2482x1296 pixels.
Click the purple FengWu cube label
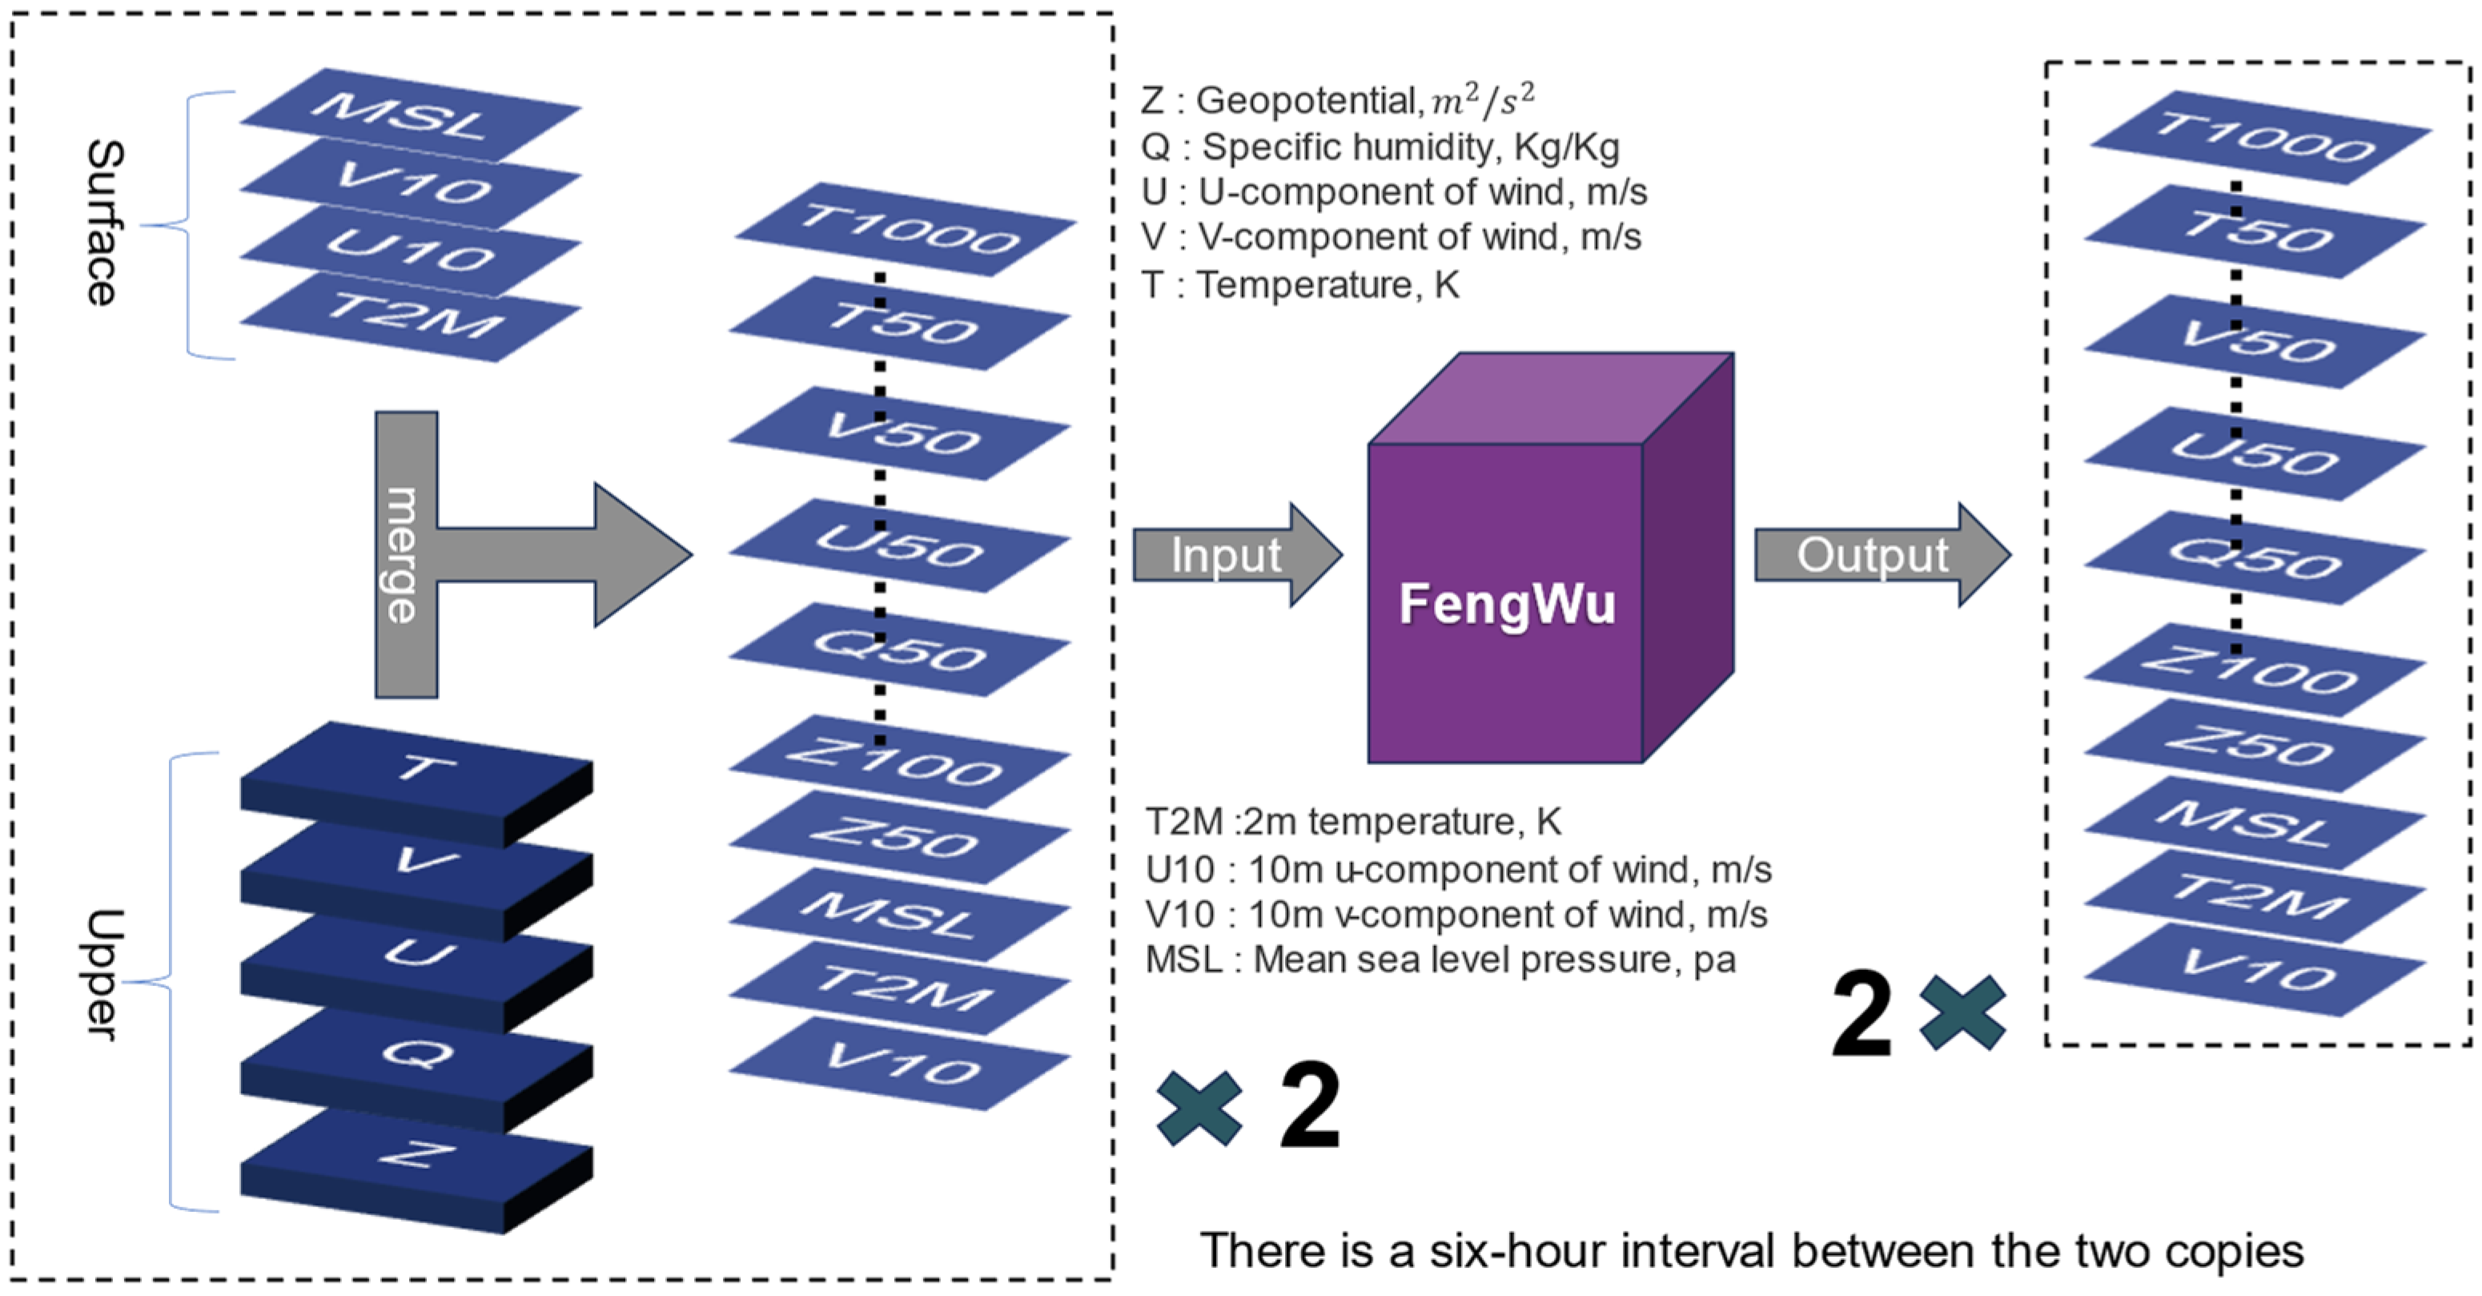coord(1506,604)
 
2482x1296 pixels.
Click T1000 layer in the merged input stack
coord(906,229)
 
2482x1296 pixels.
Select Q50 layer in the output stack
coord(2255,558)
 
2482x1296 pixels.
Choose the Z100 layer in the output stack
coord(2255,670)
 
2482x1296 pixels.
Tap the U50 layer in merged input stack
coord(899,545)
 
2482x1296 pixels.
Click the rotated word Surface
coord(104,223)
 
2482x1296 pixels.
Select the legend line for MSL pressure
coord(1440,960)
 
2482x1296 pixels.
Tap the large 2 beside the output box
coord(1861,1015)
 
